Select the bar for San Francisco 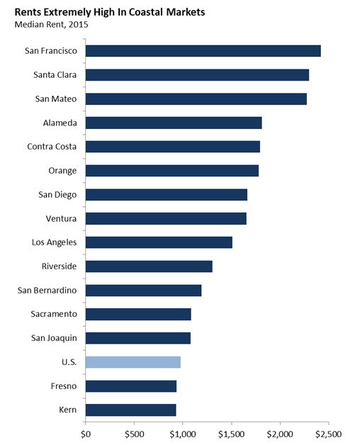point(203,51)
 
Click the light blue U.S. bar point(133,362)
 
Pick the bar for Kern point(130,410)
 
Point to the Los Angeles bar point(159,242)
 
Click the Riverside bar point(149,266)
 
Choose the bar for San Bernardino point(143,291)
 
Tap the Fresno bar point(130,386)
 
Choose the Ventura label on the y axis point(62,218)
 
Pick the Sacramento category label point(55,314)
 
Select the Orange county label point(64,171)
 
